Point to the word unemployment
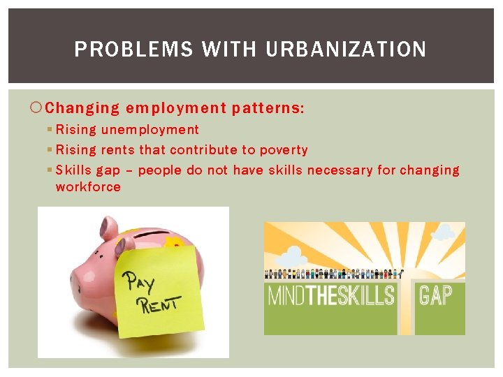150,130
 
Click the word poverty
284,150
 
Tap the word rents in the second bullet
117,150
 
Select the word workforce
88,187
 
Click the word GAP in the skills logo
435,295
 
